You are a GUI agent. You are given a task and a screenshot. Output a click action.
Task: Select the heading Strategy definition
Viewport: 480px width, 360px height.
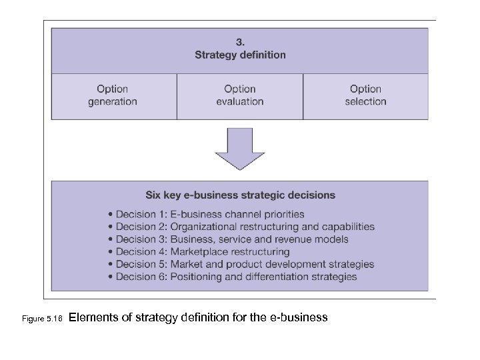[240, 55]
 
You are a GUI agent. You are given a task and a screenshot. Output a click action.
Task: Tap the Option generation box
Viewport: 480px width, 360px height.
[113, 95]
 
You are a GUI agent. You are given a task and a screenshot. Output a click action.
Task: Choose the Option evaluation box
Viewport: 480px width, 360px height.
[240, 95]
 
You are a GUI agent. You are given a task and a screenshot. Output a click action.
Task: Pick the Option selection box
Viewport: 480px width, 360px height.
[365, 95]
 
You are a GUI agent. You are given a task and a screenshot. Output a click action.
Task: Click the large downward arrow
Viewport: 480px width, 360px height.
[239, 149]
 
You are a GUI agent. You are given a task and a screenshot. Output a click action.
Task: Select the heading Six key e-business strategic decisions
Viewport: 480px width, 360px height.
[240, 195]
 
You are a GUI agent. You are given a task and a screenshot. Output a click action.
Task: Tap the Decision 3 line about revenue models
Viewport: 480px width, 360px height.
[227, 239]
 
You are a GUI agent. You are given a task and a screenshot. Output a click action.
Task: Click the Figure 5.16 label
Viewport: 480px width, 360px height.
[41, 319]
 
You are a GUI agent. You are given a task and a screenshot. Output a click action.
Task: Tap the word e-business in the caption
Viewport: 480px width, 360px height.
[301, 318]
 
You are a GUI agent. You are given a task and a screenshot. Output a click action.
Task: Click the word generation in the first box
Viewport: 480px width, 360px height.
[113, 101]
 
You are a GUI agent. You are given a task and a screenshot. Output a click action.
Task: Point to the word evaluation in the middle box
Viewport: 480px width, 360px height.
[240, 101]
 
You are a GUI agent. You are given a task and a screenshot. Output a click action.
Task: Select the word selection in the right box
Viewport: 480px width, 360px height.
[365, 101]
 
